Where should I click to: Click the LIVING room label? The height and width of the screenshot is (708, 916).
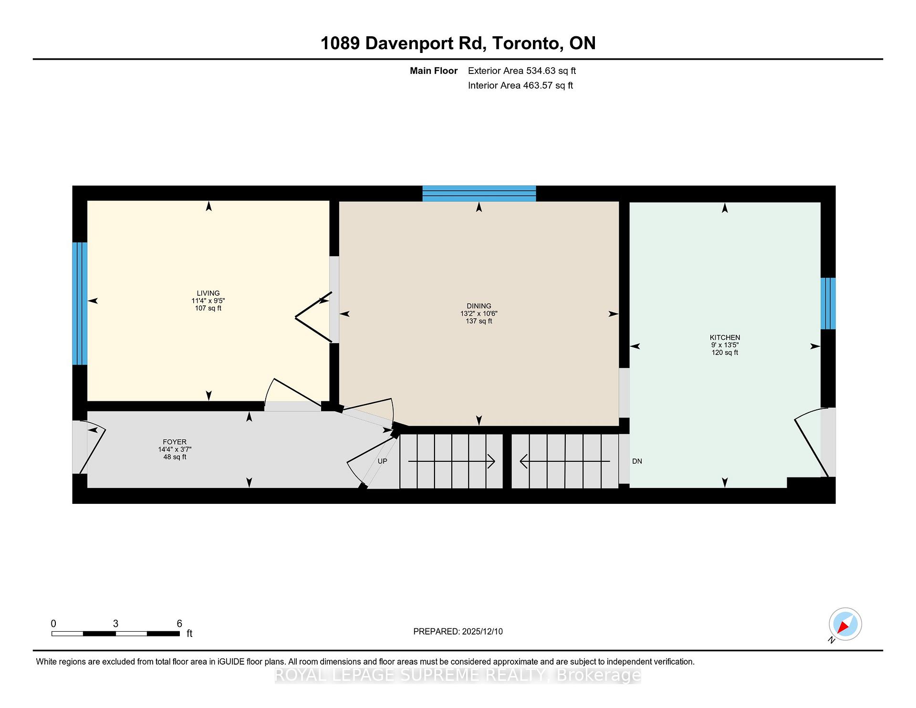click(x=208, y=293)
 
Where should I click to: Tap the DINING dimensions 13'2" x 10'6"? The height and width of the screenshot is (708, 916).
click(x=479, y=314)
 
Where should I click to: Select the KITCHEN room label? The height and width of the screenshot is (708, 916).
click(x=725, y=338)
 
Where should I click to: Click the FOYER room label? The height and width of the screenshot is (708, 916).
click(x=175, y=442)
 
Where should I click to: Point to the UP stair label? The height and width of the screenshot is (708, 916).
click(x=382, y=461)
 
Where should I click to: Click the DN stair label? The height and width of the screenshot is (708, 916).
click(x=637, y=461)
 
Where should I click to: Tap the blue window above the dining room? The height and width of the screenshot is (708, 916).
click(x=479, y=193)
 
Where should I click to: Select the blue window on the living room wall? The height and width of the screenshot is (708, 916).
click(x=80, y=303)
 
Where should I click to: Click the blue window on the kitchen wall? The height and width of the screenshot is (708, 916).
click(x=828, y=303)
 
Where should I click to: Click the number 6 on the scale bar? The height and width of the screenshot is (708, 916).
click(x=179, y=624)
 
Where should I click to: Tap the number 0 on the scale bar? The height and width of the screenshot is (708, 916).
click(x=53, y=624)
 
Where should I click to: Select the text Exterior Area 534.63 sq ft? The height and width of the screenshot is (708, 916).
click(x=521, y=71)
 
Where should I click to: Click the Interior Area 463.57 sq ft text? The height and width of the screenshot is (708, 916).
click(x=520, y=86)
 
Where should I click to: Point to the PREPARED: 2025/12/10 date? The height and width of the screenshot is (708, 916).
click(x=458, y=632)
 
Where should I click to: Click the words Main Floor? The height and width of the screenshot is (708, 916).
click(x=433, y=71)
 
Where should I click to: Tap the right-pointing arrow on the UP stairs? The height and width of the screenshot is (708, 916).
click(x=491, y=461)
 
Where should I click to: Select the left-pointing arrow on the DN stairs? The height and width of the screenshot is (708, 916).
click(x=523, y=461)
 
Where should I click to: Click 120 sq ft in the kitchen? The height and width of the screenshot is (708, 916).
click(x=725, y=353)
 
